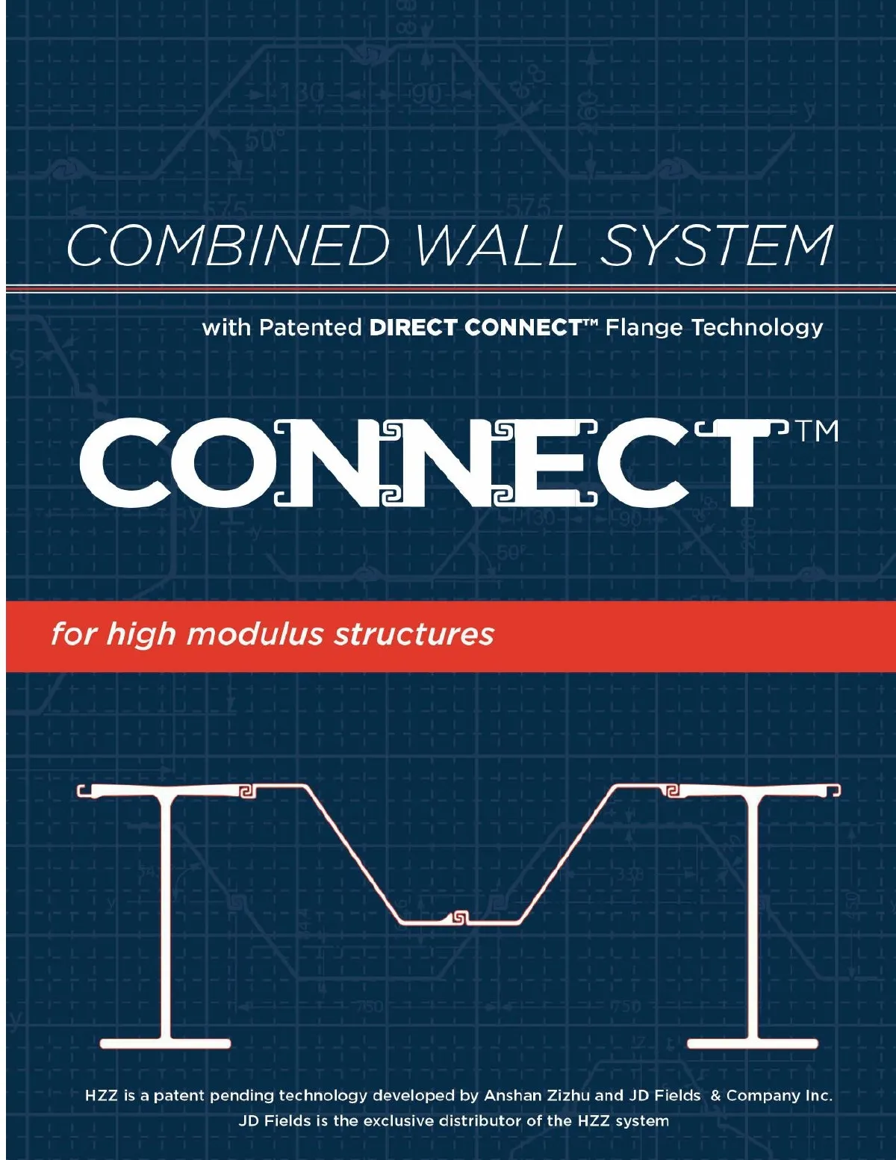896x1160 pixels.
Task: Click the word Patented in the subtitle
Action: (310, 327)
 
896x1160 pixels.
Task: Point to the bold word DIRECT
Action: (414, 327)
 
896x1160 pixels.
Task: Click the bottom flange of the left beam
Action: (165, 1043)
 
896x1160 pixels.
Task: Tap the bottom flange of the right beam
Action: (752, 1043)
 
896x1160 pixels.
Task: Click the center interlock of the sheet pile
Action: (459, 917)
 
